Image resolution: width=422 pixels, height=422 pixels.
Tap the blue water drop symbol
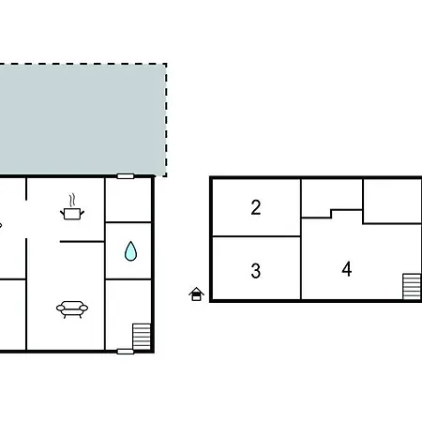pos(129,250)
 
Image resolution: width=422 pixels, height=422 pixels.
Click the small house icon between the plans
pos(196,294)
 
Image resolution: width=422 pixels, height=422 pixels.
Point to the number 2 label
pos(256,208)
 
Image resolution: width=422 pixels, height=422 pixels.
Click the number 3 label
pos(256,272)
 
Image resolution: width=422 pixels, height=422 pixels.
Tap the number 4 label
pos(347,270)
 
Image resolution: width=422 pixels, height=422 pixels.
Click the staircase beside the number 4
pos(411,285)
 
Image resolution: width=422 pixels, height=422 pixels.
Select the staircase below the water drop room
pos(141,335)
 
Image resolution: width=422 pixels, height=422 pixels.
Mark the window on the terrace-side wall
pos(126,176)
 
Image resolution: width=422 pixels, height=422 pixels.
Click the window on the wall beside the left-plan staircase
pos(126,352)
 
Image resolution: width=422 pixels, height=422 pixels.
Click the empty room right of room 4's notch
pos(391,201)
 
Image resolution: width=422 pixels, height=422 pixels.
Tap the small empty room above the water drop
pos(128,199)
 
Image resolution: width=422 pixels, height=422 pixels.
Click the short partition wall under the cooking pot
pos(82,242)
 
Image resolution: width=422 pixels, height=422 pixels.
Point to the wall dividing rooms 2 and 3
pos(256,236)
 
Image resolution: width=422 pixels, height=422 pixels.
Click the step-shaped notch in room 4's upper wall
pos(332,214)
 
